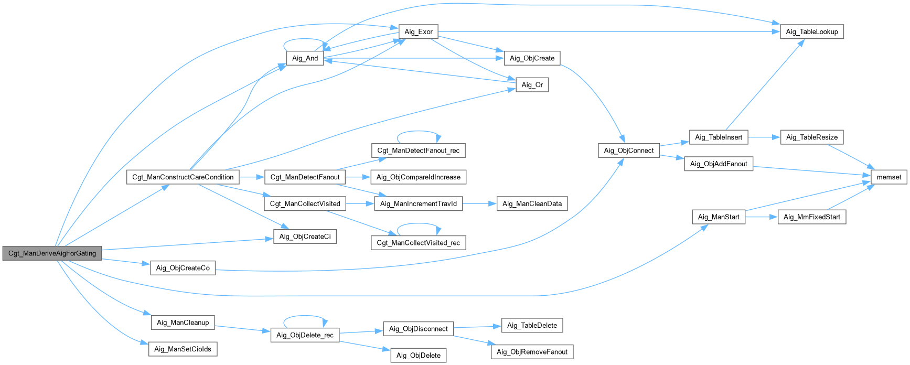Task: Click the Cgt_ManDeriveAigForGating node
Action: (52, 253)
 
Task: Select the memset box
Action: (888, 177)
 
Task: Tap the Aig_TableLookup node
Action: (811, 31)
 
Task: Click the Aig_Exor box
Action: (418, 31)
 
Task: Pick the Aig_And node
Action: (305, 58)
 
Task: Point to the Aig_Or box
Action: (532, 85)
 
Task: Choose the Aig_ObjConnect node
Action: (628, 151)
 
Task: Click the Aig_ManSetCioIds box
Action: (183, 349)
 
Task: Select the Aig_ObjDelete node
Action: (418, 356)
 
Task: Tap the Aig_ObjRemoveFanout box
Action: (532, 352)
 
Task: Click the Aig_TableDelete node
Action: (532, 326)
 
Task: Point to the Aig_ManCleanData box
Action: (532, 203)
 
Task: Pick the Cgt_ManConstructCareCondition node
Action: (183, 177)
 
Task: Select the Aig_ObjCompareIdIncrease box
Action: (418, 177)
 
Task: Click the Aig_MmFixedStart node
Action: (811, 217)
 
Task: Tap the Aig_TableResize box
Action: (811, 137)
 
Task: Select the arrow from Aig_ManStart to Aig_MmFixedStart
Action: (761, 217)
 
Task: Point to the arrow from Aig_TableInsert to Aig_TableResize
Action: (764, 137)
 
